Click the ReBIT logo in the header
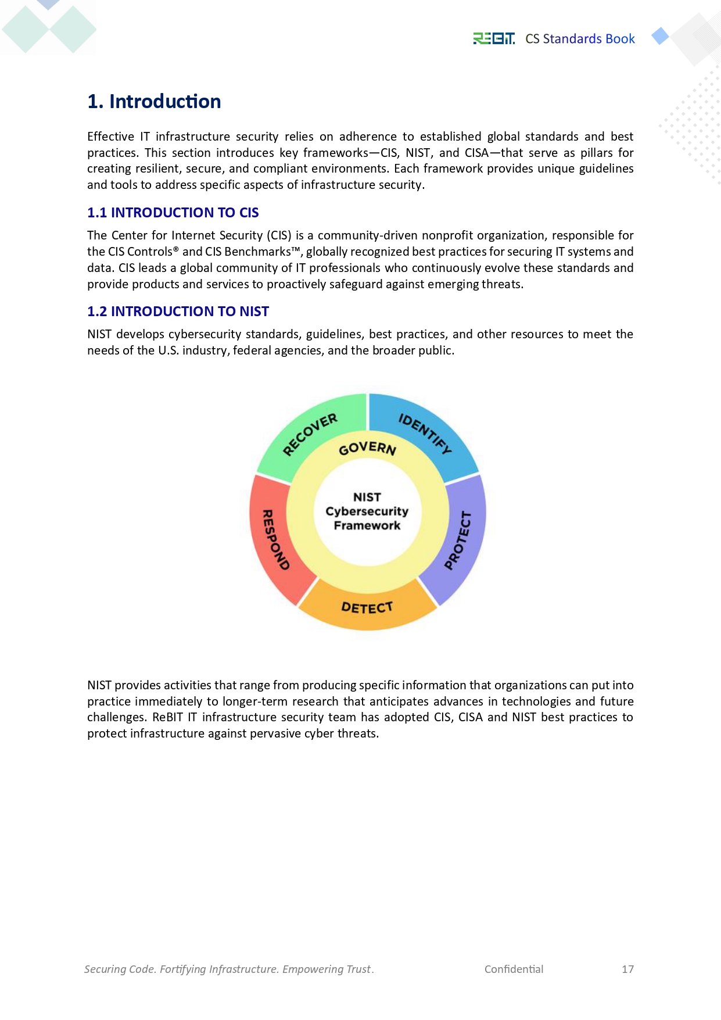(493, 38)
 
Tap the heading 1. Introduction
(154, 102)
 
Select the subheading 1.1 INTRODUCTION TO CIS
(173, 213)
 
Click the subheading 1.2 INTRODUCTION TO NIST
(178, 312)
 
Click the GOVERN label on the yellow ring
(367, 448)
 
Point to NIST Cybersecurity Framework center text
(367, 511)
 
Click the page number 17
(627, 969)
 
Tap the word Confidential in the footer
(514, 969)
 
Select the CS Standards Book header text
(580, 39)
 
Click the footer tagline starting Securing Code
(229, 969)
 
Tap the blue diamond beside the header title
(660, 36)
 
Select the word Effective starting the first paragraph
(110, 137)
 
